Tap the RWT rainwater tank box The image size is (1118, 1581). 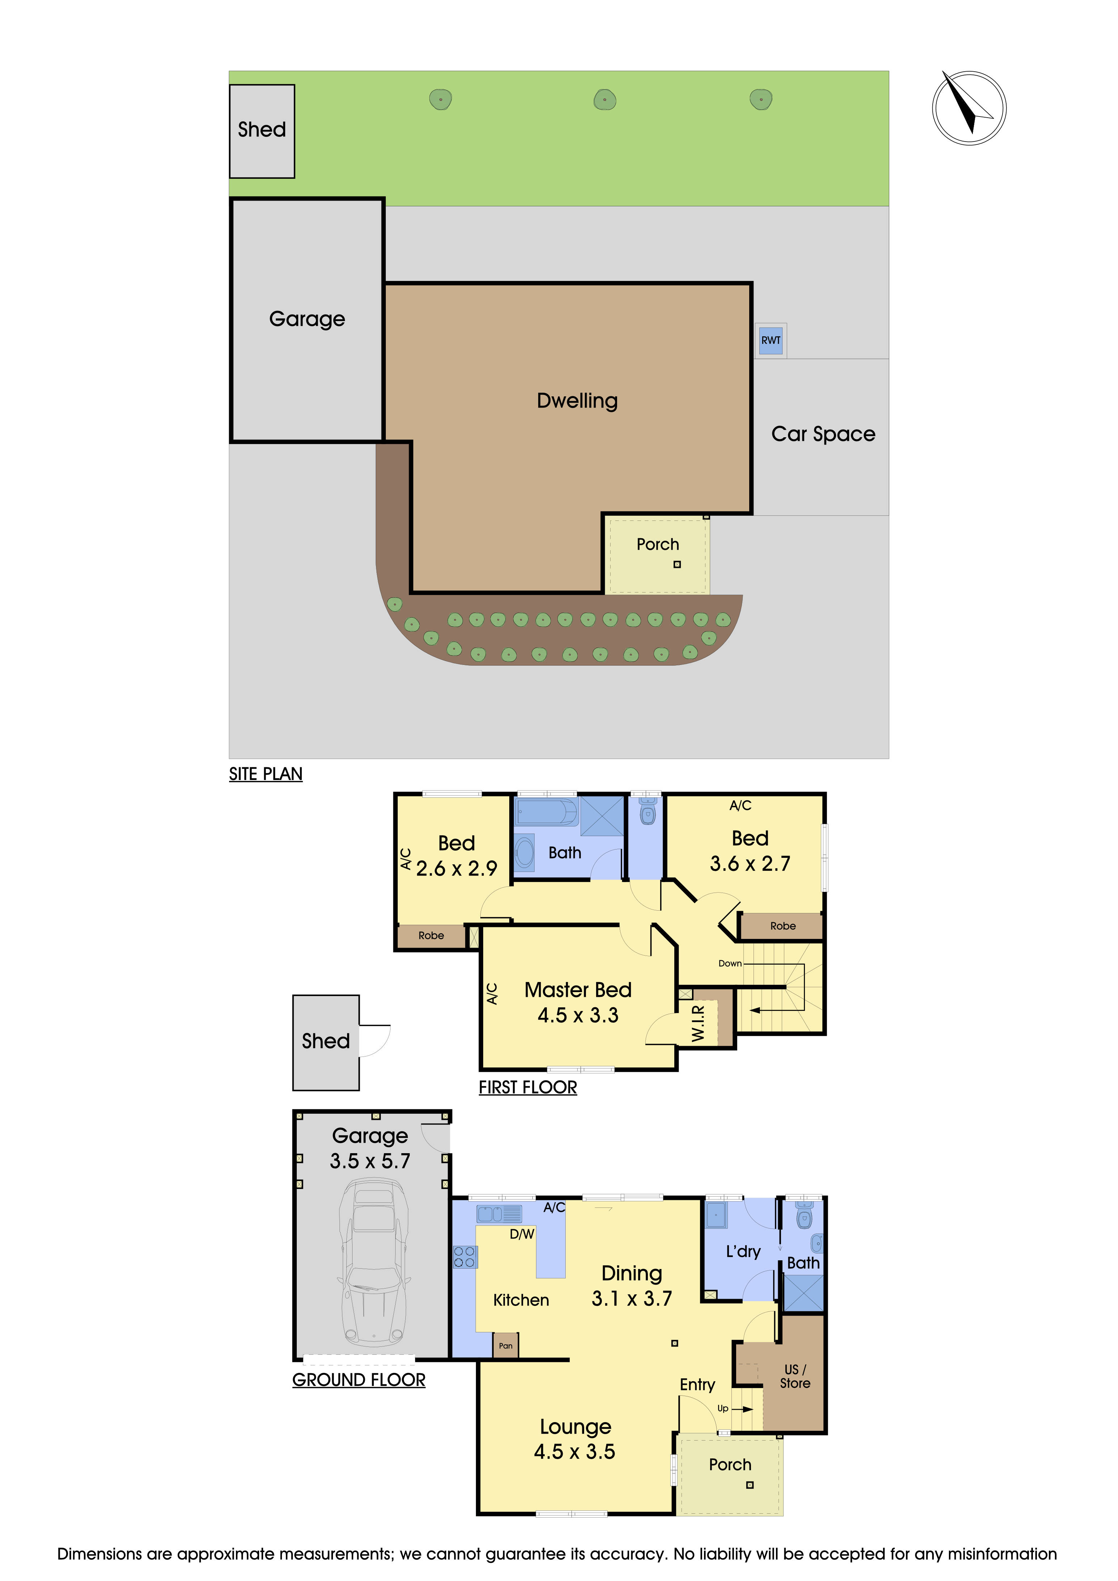point(771,340)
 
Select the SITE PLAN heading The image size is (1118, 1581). point(266,774)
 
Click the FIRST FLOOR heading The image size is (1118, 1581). point(528,1087)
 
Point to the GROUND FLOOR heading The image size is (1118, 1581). point(359,1380)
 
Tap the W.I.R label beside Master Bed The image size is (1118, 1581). point(698,1023)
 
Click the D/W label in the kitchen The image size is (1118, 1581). point(522,1234)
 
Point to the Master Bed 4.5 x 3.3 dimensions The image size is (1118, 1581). point(578,1015)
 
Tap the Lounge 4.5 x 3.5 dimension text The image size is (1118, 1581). point(575,1451)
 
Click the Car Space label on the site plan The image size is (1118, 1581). point(823,434)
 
